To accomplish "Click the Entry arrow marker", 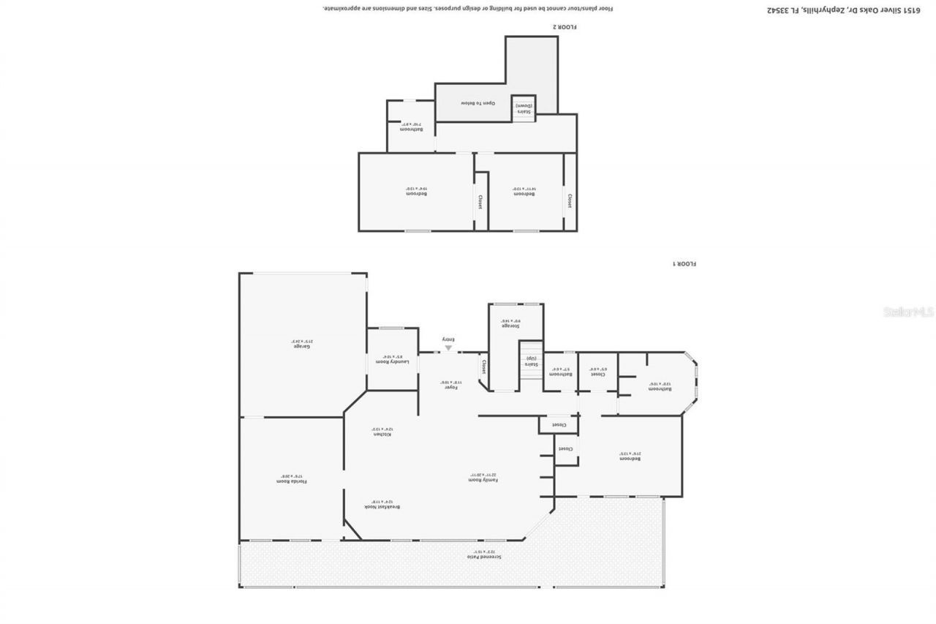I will [448, 347].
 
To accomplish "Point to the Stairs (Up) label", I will [531, 364].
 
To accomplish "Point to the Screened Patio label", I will [485, 557].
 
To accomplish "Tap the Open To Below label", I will [478, 103].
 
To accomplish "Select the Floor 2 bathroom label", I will [411, 129].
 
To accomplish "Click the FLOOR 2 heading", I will [565, 27].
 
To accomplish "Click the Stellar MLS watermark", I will [909, 311].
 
